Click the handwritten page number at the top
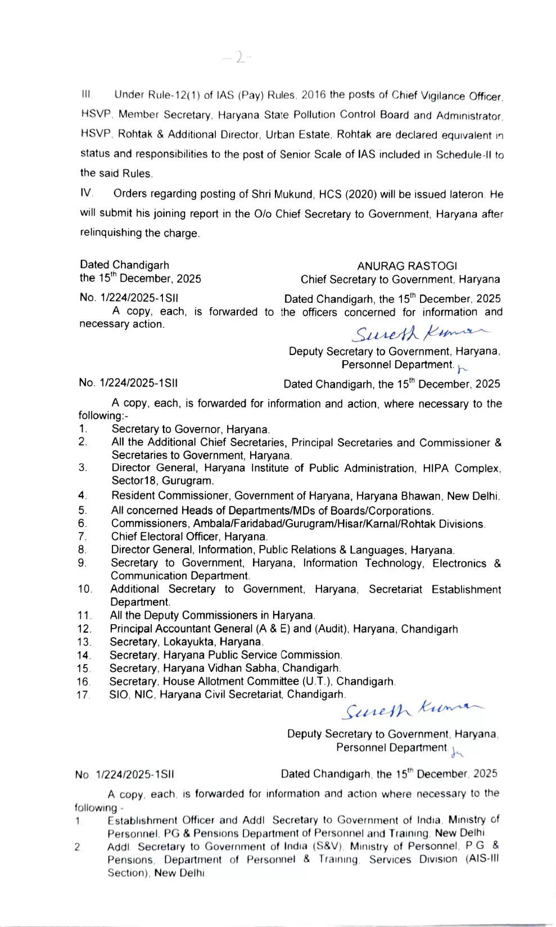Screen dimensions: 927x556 tap(237, 58)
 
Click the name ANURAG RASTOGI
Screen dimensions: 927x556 tap(406, 266)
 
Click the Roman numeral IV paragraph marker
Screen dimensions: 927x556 tap(86, 193)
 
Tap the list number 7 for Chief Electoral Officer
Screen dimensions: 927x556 tap(82, 537)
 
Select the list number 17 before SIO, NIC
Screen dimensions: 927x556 tap(84, 694)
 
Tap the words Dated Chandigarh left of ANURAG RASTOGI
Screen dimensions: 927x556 tap(124, 265)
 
